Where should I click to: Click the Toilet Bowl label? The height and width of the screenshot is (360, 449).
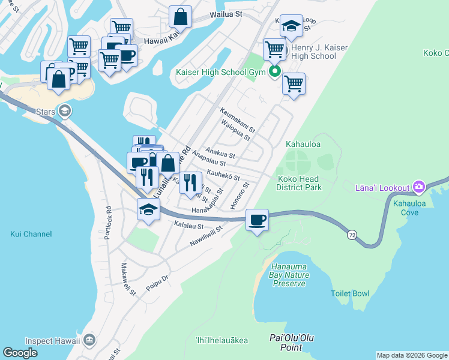[x=350, y=293]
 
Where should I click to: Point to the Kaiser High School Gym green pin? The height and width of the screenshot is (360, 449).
[x=276, y=72]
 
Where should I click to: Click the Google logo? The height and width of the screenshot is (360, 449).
[x=20, y=353]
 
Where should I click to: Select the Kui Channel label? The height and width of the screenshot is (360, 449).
[x=31, y=234]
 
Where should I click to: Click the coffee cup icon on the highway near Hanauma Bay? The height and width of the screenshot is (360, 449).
[x=258, y=220]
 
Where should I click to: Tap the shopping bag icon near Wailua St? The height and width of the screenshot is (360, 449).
[x=180, y=17]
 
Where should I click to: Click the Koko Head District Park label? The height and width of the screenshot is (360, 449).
[x=299, y=183]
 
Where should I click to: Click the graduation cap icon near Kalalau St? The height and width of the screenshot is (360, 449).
[x=148, y=209]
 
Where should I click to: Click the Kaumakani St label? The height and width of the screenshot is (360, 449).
[x=237, y=120]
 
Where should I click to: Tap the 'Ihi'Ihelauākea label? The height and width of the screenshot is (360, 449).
[x=221, y=341]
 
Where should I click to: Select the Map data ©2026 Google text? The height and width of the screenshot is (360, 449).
[x=411, y=355]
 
